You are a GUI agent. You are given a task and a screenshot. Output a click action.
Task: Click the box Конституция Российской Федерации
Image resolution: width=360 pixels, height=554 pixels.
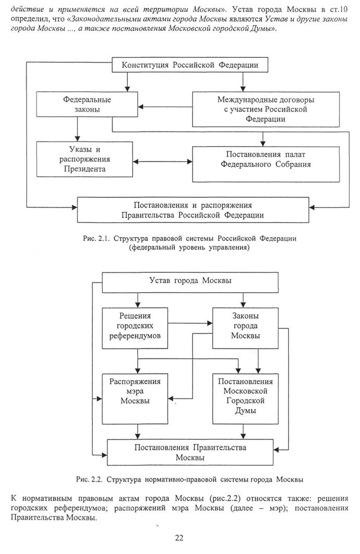(190, 65)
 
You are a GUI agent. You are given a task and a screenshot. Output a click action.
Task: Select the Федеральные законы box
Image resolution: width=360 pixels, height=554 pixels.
(87, 104)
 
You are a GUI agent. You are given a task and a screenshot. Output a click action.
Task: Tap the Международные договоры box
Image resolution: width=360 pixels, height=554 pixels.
(266, 110)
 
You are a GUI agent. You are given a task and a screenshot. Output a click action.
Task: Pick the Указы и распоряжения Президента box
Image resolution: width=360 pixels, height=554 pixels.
(85, 159)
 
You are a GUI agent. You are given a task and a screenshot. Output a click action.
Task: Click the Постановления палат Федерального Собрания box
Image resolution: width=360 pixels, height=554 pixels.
(266, 164)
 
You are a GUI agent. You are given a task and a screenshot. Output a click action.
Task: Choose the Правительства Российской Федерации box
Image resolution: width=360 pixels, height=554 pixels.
(193, 210)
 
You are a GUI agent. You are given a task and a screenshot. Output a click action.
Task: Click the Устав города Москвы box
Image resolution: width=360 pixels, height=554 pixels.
(190, 282)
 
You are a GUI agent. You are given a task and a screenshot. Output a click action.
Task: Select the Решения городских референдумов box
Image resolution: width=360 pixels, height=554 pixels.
(135, 328)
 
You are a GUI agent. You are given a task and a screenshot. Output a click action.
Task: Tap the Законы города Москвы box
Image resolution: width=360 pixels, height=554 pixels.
(245, 328)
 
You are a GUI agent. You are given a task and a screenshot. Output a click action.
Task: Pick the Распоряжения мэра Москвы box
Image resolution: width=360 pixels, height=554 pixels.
(135, 399)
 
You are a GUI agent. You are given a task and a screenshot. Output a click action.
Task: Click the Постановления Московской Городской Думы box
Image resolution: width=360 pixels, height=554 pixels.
(245, 399)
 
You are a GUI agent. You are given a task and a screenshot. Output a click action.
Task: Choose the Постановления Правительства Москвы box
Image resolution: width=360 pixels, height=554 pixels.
(190, 452)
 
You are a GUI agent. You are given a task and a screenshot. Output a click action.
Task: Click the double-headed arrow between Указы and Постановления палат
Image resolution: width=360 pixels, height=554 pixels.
(162, 162)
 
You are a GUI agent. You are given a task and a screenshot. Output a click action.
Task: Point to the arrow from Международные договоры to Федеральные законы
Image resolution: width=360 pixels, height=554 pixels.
(165, 106)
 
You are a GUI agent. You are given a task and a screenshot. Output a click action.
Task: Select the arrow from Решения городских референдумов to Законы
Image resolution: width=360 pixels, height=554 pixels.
(190, 323)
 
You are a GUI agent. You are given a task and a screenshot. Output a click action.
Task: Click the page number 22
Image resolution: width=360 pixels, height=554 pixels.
(179, 538)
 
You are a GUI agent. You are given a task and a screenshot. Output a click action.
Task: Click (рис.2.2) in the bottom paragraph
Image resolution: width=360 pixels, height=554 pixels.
(225, 499)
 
